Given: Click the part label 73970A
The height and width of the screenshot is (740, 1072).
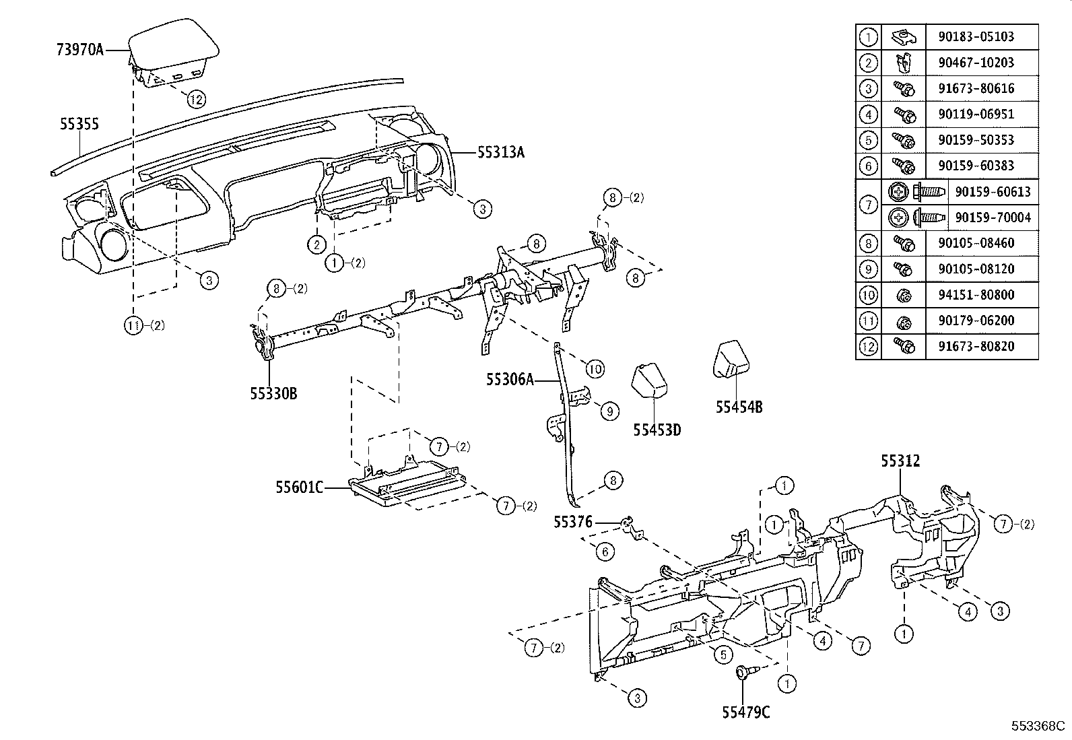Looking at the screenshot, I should pyautogui.click(x=79, y=50).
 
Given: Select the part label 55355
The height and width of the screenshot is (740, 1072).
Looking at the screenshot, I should pyautogui.click(x=79, y=124).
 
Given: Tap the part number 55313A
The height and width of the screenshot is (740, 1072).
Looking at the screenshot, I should pyautogui.click(x=500, y=153).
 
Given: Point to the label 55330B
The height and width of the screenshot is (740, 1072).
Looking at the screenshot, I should pyautogui.click(x=273, y=393).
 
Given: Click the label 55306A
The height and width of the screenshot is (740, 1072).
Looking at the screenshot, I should pyautogui.click(x=510, y=380).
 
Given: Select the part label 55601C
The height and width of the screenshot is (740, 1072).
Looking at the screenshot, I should pyautogui.click(x=298, y=486).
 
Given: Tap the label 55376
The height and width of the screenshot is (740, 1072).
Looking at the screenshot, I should pyautogui.click(x=572, y=521).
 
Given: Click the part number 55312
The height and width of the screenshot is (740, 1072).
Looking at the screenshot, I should pyautogui.click(x=900, y=461).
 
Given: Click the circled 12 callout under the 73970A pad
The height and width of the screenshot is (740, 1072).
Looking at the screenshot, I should pyautogui.click(x=195, y=100).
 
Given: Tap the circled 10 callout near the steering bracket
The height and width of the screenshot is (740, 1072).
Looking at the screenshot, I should pyautogui.click(x=595, y=368).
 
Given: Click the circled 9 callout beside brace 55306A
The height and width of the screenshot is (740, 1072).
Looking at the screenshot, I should pyautogui.click(x=609, y=411).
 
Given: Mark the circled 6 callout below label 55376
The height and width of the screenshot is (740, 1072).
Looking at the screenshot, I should pyautogui.click(x=605, y=552).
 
